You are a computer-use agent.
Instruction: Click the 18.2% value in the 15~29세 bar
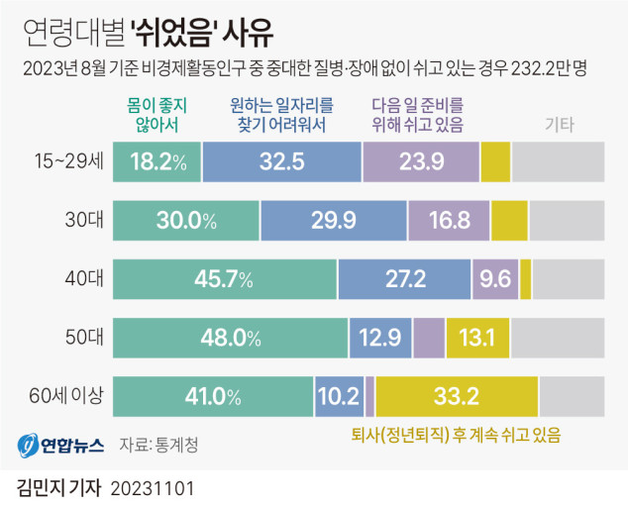pyautogui.click(x=158, y=161)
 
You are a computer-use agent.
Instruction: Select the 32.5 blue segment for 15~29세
pyautogui.click(x=282, y=161)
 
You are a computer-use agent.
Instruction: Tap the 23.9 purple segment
pyautogui.click(x=421, y=161)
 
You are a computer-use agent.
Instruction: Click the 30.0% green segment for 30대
pyautogui.click(x=186, y=221)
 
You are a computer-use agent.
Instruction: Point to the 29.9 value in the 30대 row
pyautogui.click(x=333, y=221)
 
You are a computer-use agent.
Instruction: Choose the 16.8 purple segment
pyautogui.click(x=449, y=221)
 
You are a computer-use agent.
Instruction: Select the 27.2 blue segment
pyautogui.click(x=406, y=279)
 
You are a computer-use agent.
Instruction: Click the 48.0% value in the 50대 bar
pyautogui.click(x=230, y=338)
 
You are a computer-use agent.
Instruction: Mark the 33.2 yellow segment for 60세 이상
pyautogui.click(x=457, y=397)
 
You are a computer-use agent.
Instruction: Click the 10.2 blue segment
pyautogui.click(x=339, y=397)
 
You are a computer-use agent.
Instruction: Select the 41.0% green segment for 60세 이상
pyautogui.click(x=213, y=397)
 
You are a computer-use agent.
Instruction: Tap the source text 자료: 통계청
pyautogui.click(x=158, y=444)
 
